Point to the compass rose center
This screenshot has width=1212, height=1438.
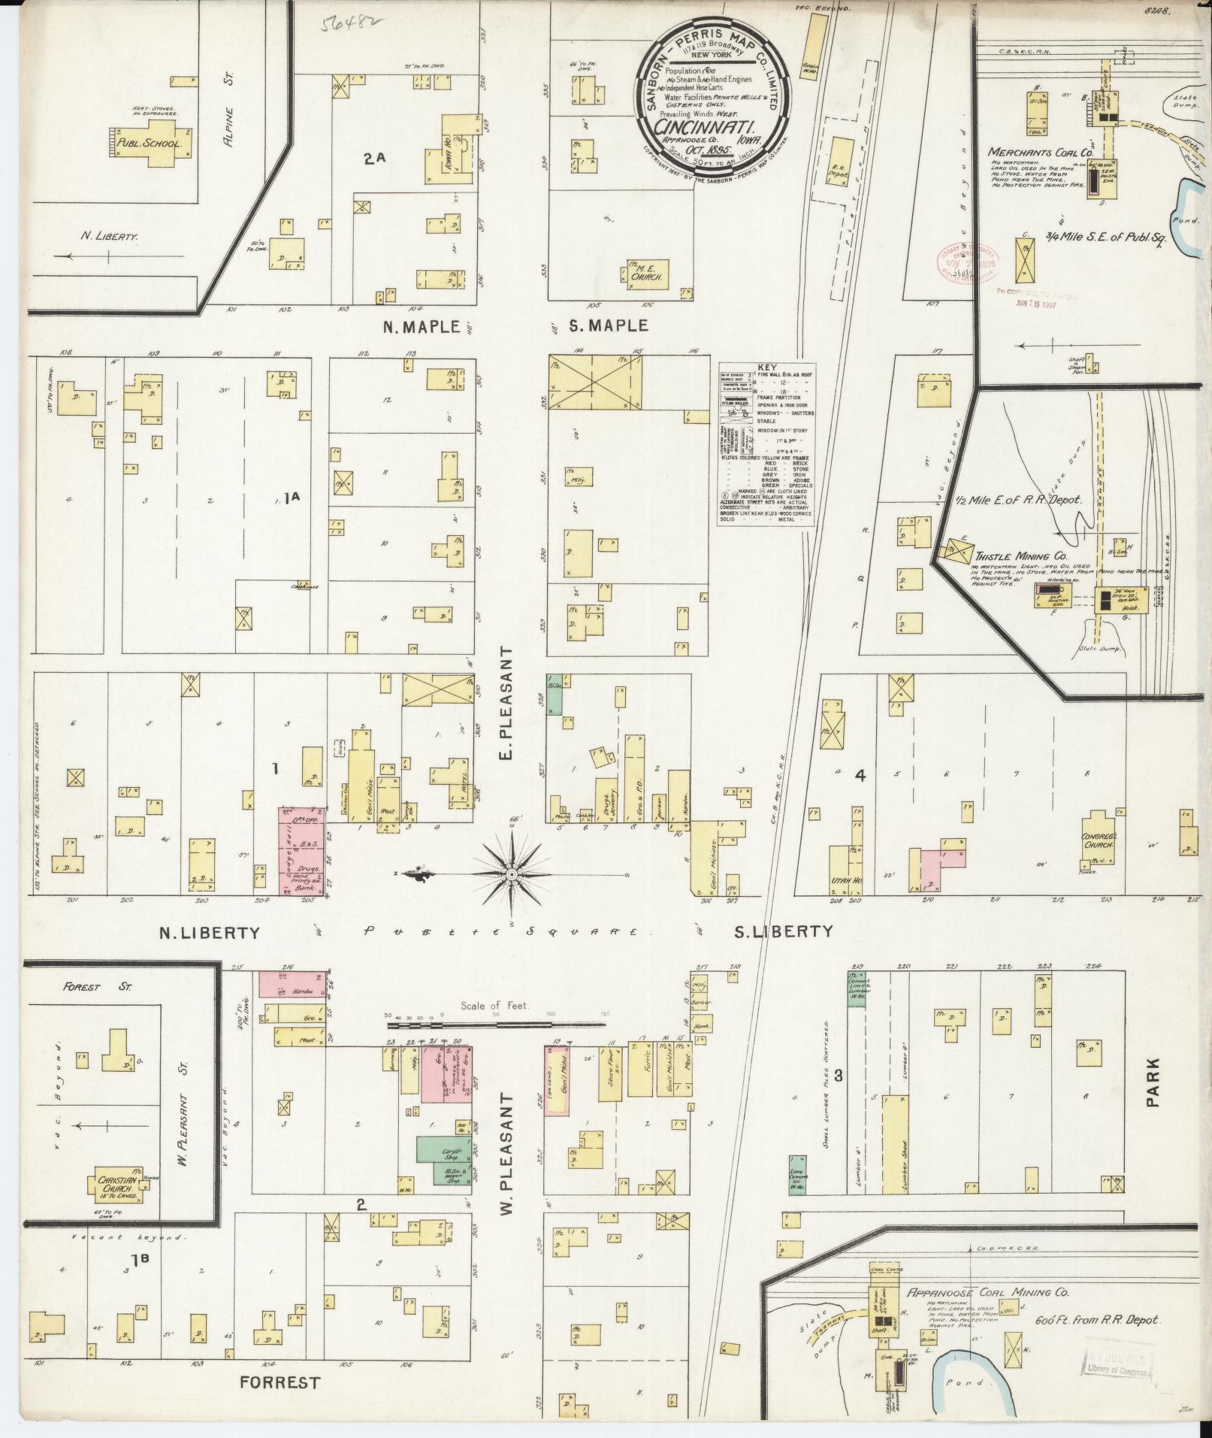pyautogui.click(x=512, y=874)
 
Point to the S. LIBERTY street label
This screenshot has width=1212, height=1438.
pyautogui.click(x=784, y=932)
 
